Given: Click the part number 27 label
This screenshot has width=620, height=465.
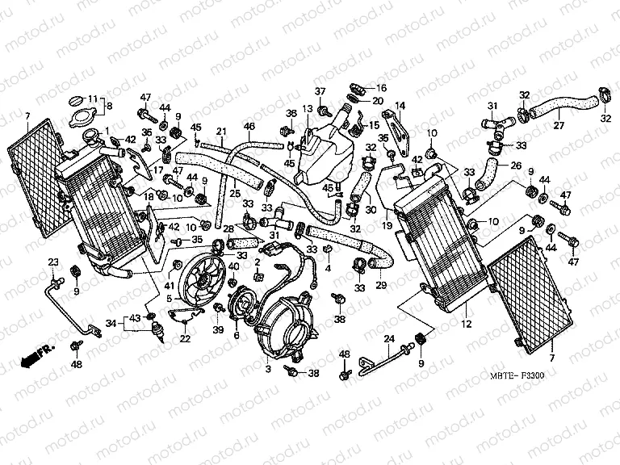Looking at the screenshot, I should point(558,124).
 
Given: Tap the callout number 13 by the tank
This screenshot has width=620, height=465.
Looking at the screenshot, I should point(307,109).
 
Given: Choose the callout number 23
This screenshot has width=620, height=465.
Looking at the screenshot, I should point(53,261).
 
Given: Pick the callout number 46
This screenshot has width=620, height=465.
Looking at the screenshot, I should point(249,126).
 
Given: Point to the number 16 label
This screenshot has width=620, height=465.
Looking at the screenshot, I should point(381,87).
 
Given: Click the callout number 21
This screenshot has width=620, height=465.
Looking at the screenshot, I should point(220,132).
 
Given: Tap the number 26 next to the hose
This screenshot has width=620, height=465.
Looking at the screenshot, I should point(514,166).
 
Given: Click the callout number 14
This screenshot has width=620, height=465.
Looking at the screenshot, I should point(400,105).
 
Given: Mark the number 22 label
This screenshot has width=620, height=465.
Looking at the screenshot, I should point(185,338).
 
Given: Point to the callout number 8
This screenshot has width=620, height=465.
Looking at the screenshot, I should point(111,106).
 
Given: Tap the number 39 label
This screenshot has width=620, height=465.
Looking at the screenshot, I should point(217,330).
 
